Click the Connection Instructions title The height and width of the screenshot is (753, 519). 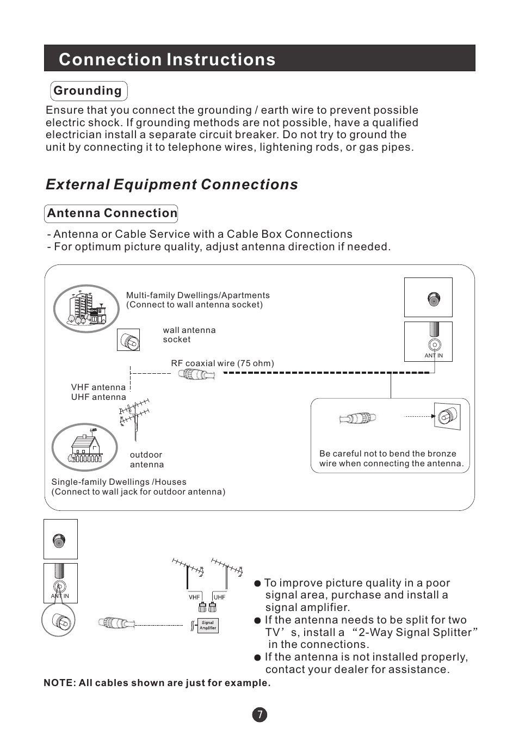click(167, 59)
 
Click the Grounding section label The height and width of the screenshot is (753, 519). click(88, 91)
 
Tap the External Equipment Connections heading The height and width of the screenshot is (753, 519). click(172, 184)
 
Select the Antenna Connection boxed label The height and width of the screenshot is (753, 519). click(112, 213)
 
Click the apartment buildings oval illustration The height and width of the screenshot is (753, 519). click(86, 308)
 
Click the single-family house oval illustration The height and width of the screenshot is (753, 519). click(84, 447)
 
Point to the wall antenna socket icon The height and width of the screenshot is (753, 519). click(129, 341)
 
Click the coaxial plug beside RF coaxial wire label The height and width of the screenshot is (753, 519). click(197, 374)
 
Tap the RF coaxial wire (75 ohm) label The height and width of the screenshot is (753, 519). click(223, 363)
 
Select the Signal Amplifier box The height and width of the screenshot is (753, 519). click(207, 626)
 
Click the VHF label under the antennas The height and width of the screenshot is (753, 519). click(194, 597)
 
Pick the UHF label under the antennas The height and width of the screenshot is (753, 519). click(219, 597)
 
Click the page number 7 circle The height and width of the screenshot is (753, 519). click(259, 715)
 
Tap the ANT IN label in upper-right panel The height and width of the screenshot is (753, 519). click(434, 356)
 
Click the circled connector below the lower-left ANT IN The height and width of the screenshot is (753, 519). click(59, 620)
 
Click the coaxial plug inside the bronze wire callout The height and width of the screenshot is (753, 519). click(358, 418)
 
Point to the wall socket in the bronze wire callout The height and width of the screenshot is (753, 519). click(447, 417)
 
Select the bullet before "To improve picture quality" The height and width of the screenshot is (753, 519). click(258, 584)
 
